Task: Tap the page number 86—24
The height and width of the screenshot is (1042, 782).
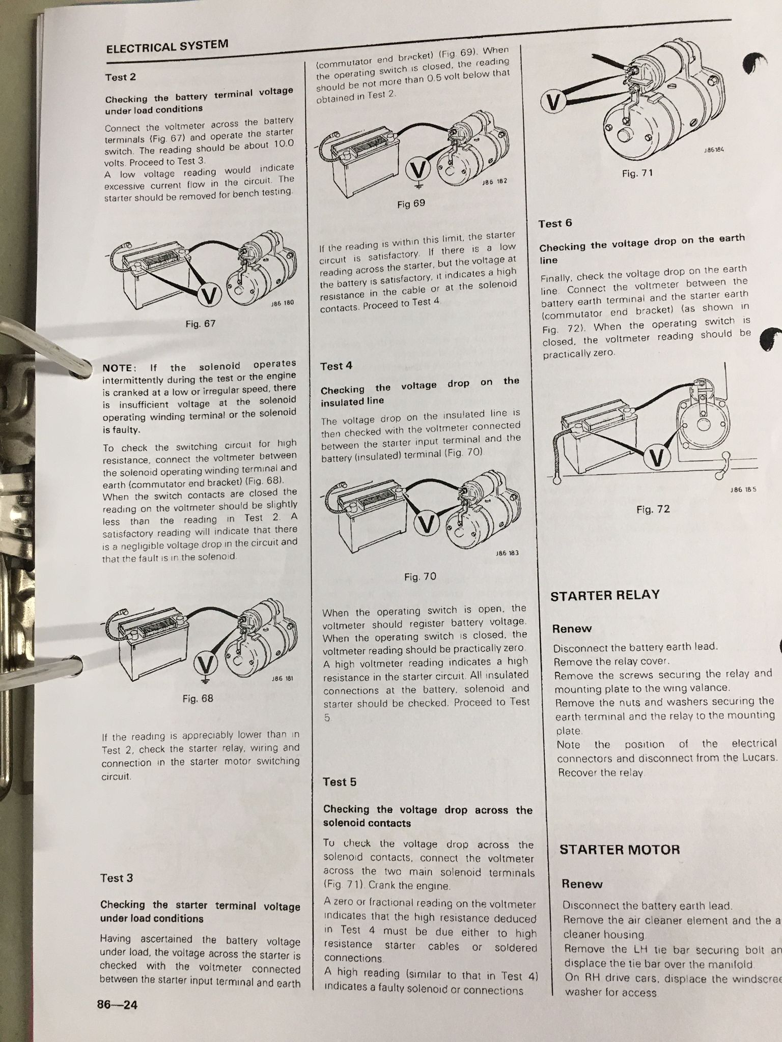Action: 117,1004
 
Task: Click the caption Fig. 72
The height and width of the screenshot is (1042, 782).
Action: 653,509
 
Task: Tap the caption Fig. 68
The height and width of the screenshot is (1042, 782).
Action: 198,699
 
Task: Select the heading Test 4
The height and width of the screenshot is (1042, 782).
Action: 336,366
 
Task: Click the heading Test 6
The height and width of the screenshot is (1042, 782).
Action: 555,223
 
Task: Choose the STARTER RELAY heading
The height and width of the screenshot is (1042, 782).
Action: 605,595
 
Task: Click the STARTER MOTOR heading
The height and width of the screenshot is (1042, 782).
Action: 619,849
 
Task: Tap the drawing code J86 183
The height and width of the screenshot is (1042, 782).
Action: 507,553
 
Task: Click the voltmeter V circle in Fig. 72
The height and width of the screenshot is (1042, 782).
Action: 657,458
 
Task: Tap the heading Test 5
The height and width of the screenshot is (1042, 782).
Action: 340,782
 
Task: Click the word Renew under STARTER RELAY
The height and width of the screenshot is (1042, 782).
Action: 572,629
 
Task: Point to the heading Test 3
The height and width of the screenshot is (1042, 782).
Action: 117,878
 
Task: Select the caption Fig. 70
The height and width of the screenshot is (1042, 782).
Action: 420,576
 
